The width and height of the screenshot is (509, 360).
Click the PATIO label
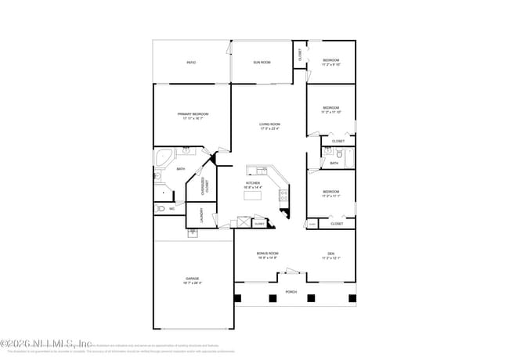click(191, 62)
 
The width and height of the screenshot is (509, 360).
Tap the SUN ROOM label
click(261, 62)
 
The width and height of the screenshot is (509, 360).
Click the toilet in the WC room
click(159, 209)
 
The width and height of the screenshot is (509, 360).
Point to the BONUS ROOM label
click(268, 254)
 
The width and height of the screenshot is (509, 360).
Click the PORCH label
click(291, 293)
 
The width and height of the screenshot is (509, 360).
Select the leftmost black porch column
click(238, 297)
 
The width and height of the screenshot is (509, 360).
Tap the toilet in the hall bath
click(331, 153)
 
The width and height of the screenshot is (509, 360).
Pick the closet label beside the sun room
click(299, 55)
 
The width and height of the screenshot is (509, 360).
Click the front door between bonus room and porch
click(291, 271)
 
